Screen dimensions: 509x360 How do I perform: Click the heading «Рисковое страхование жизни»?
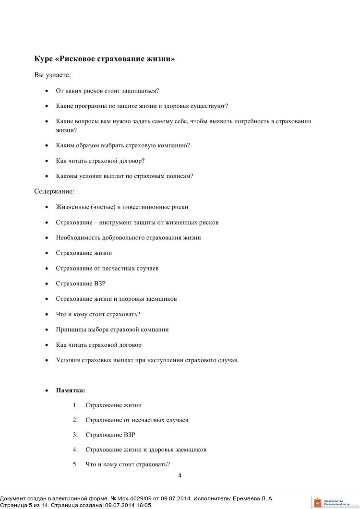(x=105, y=59)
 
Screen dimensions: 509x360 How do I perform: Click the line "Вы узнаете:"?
(x=52, y=75)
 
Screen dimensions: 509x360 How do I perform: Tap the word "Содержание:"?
(x=54, y=191)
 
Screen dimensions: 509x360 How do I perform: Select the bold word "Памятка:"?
(x=71, y=390)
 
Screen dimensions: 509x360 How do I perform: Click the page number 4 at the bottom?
(x=180, y=476)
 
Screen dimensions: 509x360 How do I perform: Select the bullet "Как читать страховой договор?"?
(x=100, y=161)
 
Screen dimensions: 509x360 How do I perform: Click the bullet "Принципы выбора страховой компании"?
(x=112, y=330)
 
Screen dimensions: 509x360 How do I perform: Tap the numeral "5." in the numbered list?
(x=75, y=464)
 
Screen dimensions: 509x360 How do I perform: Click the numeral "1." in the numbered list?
(x=75, y=405)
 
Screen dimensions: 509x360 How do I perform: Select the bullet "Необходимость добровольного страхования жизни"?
(x=128, y=237)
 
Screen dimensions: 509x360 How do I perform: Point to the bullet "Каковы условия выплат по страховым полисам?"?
(x=125, y=176)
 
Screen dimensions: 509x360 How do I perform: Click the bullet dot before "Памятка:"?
(x=47, y=391)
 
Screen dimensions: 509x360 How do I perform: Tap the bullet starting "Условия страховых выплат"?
(x=147, y=360)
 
